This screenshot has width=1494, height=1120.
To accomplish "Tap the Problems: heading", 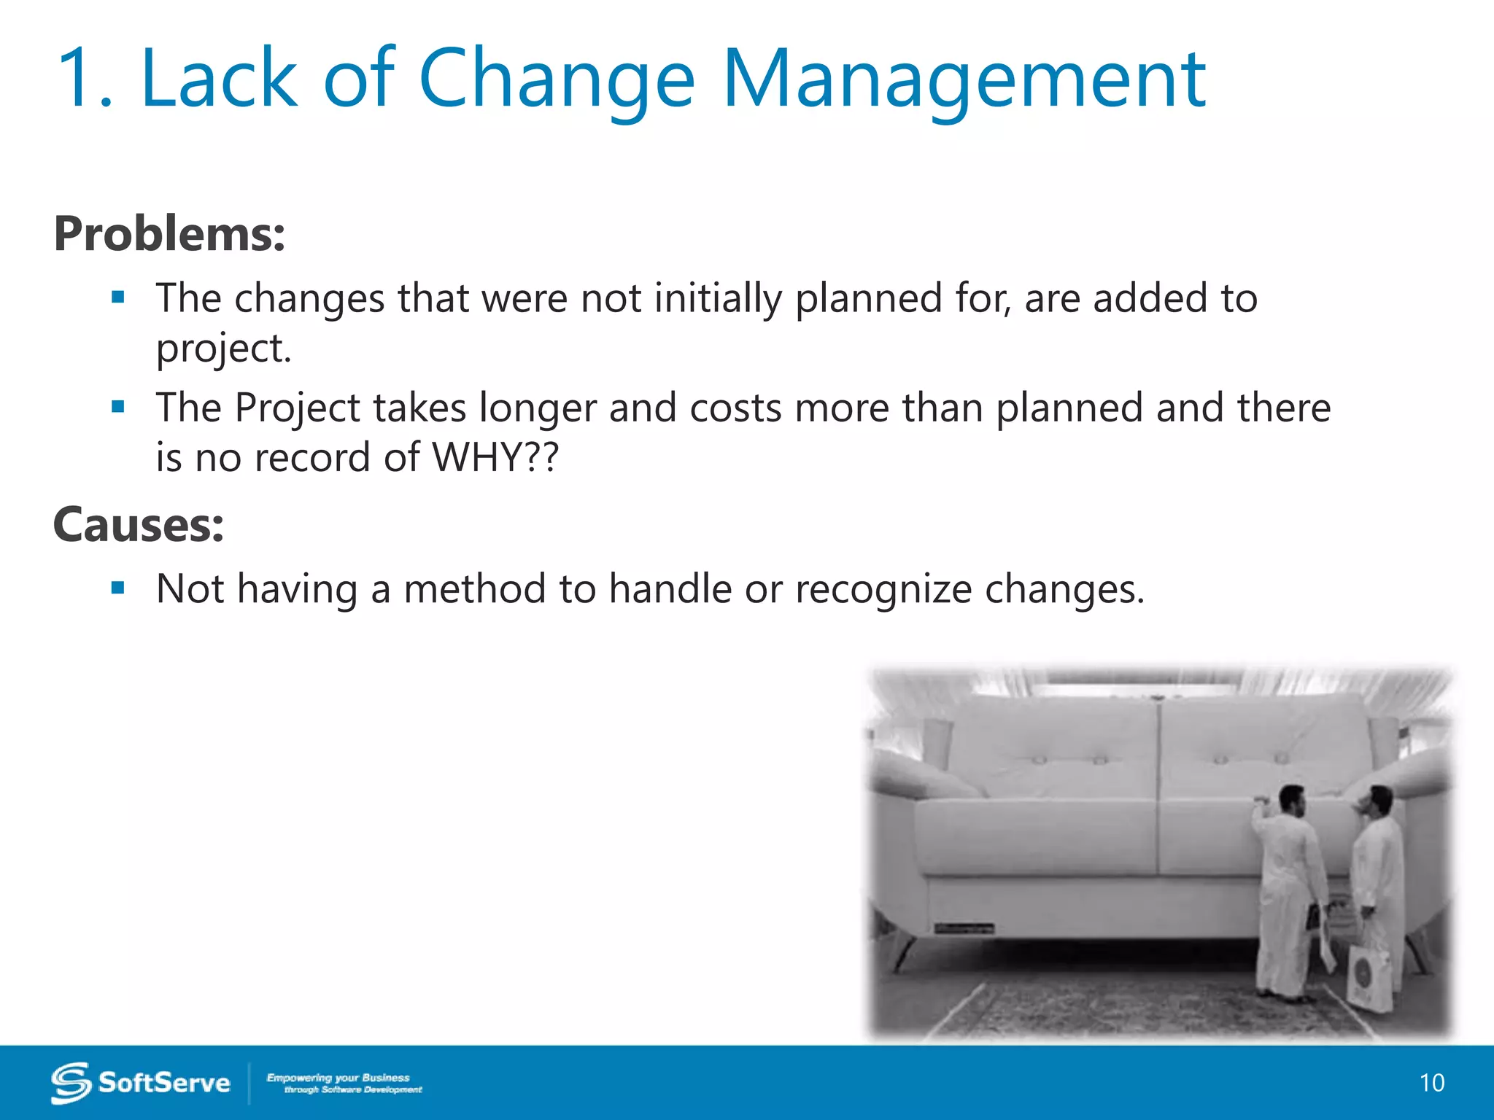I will point(169,234).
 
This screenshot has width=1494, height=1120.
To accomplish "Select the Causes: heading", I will point(139,524).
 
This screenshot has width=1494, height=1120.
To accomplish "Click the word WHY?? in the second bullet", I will point(495,457).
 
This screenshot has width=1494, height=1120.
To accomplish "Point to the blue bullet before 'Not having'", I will point(118,587).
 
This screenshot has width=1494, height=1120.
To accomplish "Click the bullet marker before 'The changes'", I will point(118,297).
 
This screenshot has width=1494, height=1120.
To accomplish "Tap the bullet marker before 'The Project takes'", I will point(118,406).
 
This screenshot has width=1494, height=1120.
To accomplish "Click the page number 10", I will point(1431,1083).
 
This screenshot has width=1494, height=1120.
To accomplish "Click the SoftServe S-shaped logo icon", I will point(71,1082).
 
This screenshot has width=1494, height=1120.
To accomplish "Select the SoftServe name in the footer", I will point(164,1083).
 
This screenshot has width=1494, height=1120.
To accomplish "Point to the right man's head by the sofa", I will point(1379,801).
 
